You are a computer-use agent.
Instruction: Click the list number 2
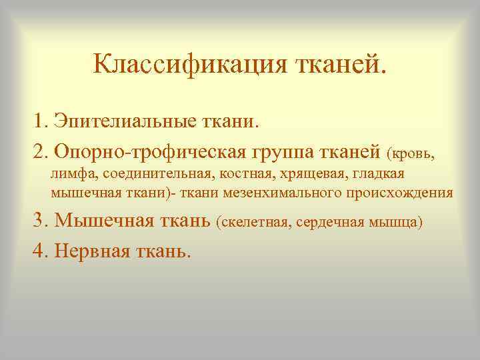click(38, 151)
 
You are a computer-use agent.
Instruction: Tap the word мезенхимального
click(294, 193)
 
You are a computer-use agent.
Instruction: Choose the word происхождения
click(405, 193)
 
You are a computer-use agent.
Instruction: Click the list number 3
click(38, 219)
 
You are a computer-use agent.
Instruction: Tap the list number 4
click(38, 250)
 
